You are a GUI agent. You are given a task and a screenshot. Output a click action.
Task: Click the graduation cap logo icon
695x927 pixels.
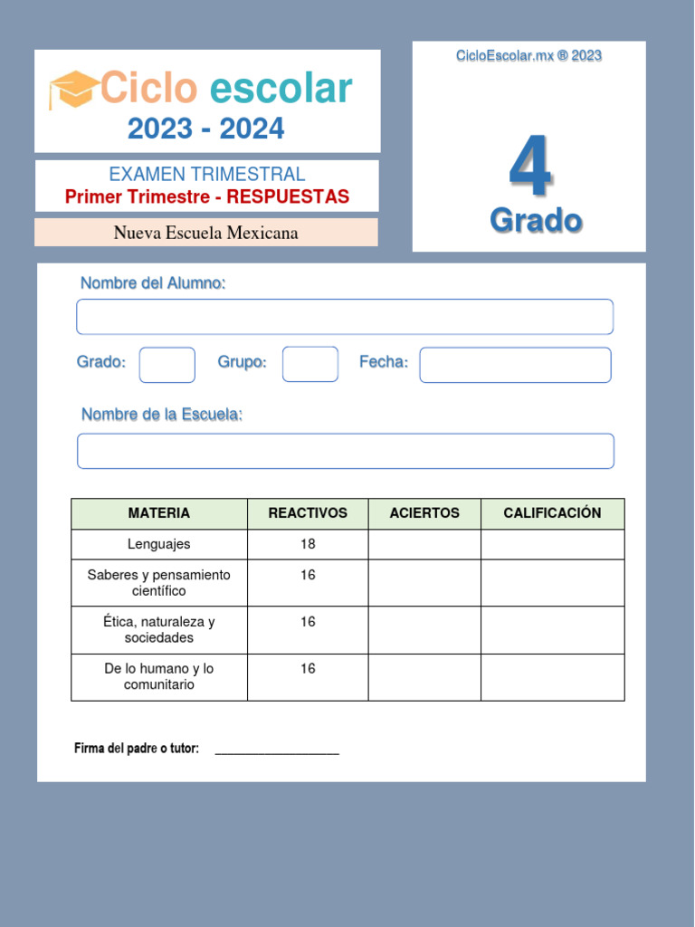[x=73, y=89]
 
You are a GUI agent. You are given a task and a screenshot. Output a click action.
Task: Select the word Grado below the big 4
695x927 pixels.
[x=536, y=220]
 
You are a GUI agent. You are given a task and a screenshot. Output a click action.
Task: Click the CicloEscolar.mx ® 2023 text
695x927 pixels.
[x=529, y=56]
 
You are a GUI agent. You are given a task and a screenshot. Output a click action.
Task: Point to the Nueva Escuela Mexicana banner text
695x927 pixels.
[x=205, y=233]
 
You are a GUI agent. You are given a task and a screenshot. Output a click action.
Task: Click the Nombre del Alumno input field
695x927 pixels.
[x=345, y=317]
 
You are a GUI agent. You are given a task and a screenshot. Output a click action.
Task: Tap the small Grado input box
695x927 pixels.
[x=167, y=365]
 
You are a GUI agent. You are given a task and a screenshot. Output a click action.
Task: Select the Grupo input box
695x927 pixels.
[x=310, y=364]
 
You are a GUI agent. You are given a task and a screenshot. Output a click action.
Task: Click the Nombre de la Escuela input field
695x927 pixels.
[x=346, y=451]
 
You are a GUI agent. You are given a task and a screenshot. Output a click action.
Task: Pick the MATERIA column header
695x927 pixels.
[x=159, y=513]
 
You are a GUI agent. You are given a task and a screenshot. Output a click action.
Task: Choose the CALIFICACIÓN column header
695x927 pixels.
[x=552, y=513]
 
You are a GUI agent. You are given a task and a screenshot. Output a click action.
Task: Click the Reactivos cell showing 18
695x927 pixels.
[x=308, y=544]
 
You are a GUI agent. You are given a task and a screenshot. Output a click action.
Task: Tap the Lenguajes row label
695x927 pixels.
[x=159, y=544]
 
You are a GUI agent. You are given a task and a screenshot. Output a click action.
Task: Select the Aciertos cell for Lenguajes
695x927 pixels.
[x=424, y=544]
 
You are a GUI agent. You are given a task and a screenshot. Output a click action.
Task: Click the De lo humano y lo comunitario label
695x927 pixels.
[x=159, y=677]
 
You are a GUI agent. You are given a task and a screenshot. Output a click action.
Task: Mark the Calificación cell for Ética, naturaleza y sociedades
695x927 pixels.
[x=552, y=630]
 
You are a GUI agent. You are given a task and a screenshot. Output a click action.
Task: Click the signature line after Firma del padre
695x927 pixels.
[x=277, y=750]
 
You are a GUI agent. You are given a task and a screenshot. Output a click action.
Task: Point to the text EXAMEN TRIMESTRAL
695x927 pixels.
[x=207, y=175]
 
